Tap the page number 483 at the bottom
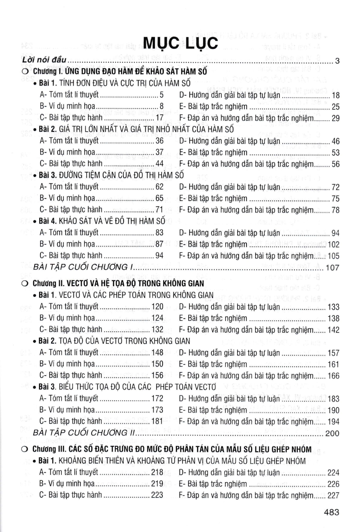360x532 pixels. [331, 512]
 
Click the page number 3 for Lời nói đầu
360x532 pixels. [337, 61]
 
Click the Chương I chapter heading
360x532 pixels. [120, 71]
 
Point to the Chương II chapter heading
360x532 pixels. [118, 283]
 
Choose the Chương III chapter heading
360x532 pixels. [172, 449]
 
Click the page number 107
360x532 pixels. [332, 267]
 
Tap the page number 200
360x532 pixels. [332, 433]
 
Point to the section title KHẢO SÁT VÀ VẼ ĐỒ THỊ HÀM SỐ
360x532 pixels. [112, 221]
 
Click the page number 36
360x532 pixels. [159, 141]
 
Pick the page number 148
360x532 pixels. [157, 353]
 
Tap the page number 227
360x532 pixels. [333, 495]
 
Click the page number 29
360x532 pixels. [335, 118]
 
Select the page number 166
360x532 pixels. [333, 376]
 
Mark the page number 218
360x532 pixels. [157, 472]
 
